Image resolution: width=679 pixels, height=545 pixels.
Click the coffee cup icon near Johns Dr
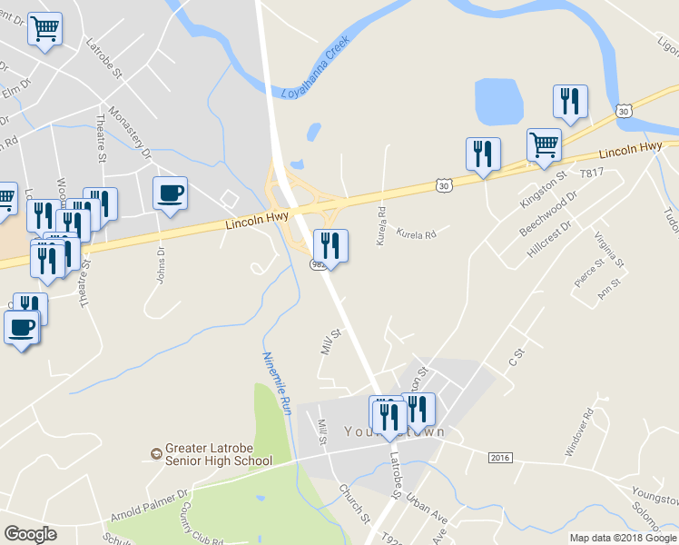point(170,193)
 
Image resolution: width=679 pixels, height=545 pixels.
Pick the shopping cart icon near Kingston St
point(544,144)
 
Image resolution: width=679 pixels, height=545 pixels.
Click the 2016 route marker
point(499,457)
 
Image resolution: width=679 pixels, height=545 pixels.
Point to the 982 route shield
point(318,263)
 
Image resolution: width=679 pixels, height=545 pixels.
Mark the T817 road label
point(591,173)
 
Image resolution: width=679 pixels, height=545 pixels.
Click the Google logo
point(31,533)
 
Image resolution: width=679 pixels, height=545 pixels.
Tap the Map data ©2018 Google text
point(622,538)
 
